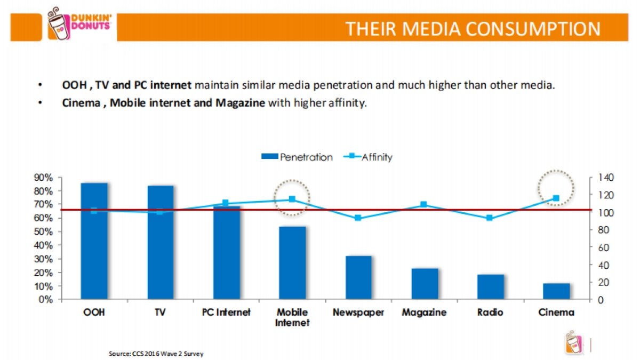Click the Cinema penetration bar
tap(556, 291)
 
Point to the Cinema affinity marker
tap(556, 198)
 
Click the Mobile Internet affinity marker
tap(292, 199)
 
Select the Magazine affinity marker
tap(424, 205)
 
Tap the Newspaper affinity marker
tap(358, 218)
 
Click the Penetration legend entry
tap(297, 157)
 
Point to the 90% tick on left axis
tap(45, 177)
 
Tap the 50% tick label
tap(45, 231)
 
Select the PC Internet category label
tap(226, 313)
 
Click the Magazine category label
tap(424, 313)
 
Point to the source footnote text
tap(156, 354)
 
